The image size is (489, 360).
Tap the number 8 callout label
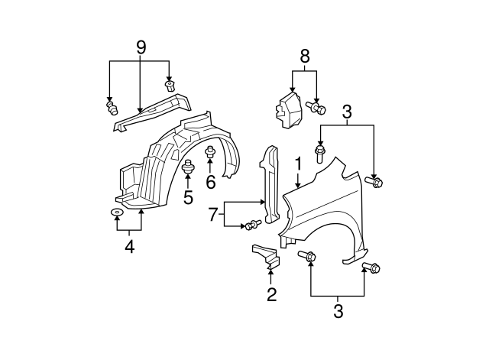[x=305, y=56]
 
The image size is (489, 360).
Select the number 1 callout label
[x=298, y=164]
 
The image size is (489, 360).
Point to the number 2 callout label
[x=271, y=294]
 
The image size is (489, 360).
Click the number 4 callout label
[x=129, y=247]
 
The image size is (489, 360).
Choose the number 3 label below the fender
[x=337, y=311]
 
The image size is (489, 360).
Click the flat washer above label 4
[x=117, y=211]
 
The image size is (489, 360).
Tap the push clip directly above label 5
[x=188, y=167]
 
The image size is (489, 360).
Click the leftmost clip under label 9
[x=112, y=108]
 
